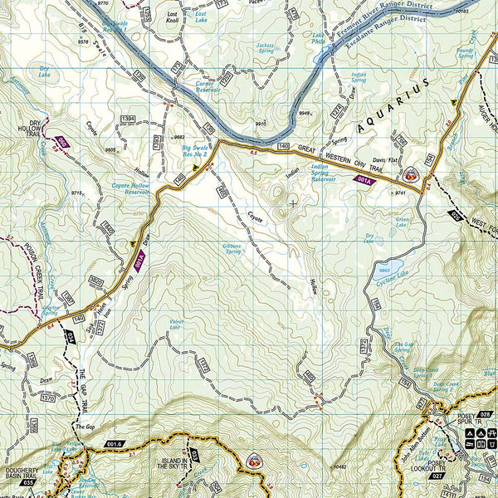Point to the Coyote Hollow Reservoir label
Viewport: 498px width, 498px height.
coord(130,188)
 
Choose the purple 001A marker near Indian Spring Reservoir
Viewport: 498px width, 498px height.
coord(363,179)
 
